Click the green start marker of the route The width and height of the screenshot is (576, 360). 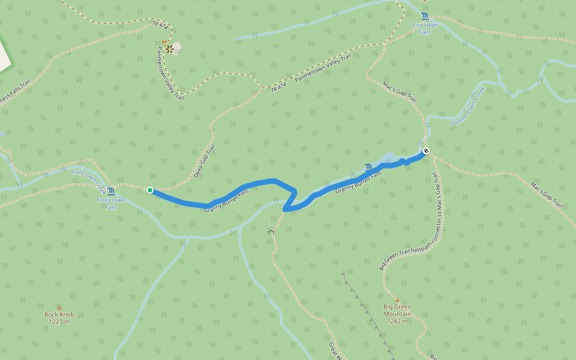tap(149, 190)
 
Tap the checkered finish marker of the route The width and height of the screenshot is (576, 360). tap(425, 151)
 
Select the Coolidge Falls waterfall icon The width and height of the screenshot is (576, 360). tap(425, 16)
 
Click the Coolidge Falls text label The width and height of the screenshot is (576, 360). tap(425, 28)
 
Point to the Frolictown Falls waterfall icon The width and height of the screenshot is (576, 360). tap(112, 191)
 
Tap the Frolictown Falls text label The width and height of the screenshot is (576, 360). tap(111, 203)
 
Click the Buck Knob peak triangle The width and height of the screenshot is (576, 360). tap(59, 307)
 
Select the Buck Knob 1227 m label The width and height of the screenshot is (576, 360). tap(59, 317)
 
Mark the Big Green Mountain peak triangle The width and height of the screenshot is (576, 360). tap(397, 299)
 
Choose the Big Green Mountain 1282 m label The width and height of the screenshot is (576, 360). tap(397, 313)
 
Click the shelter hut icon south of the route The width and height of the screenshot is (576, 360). tap(271, 231)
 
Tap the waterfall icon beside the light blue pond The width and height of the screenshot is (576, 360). tap(368, 166)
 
